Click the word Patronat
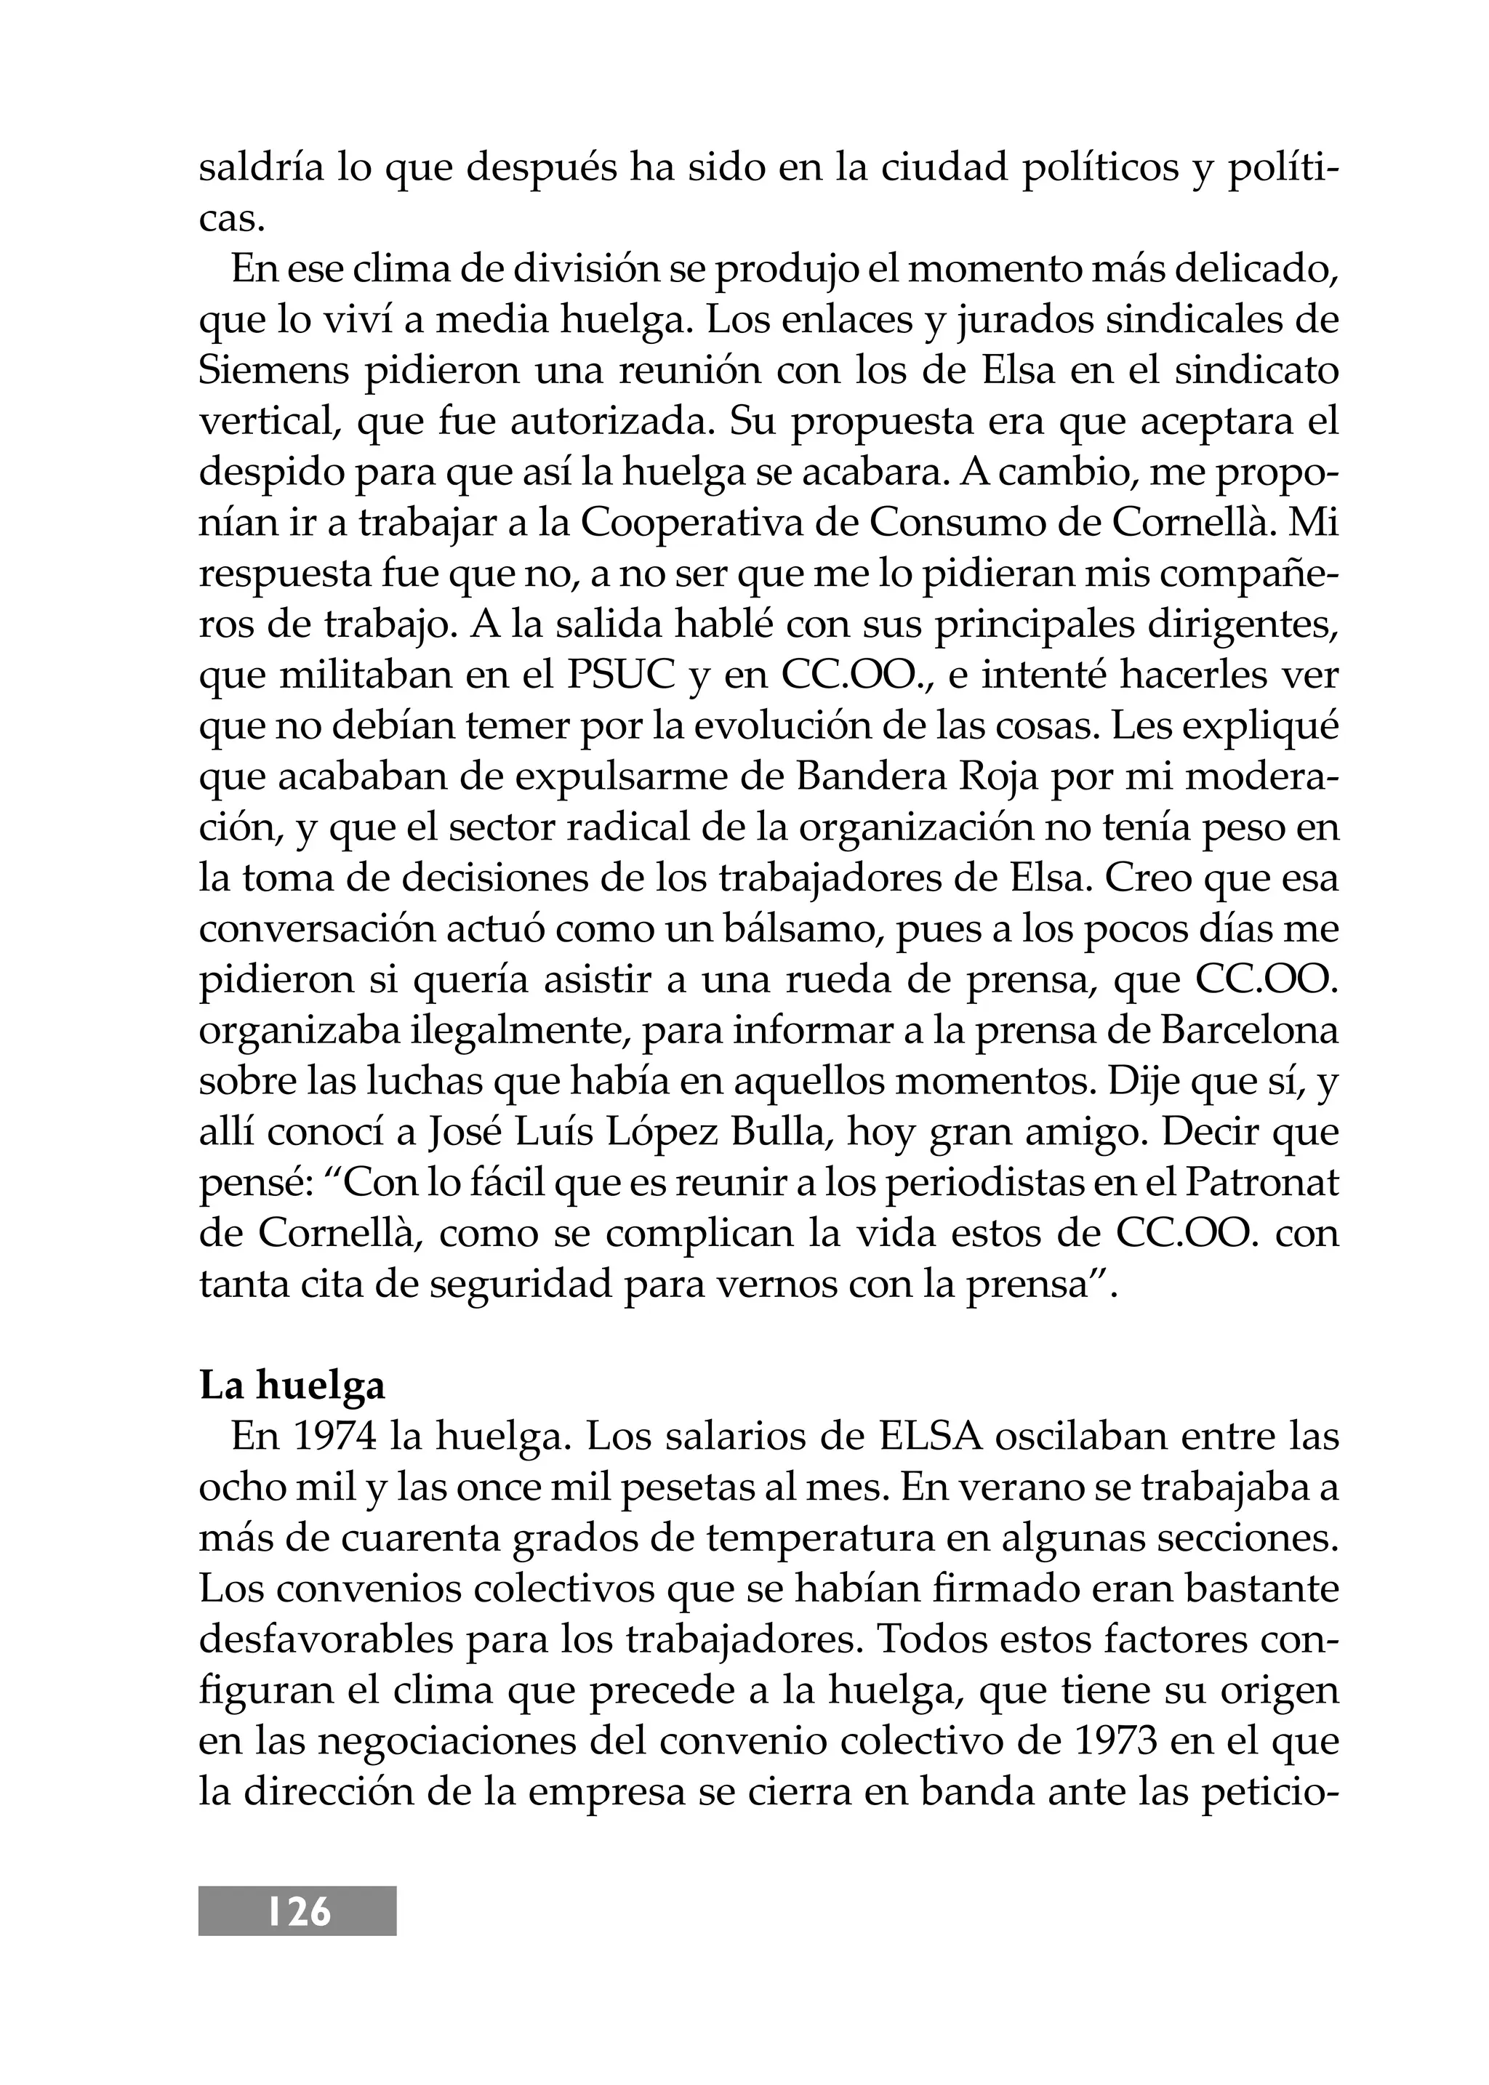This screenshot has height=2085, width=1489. point(1261,1183)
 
